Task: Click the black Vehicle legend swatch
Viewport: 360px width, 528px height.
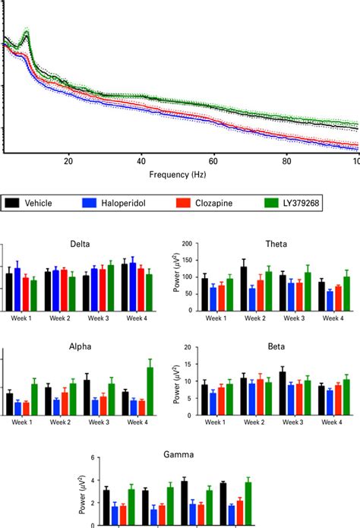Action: [x=13, y=204]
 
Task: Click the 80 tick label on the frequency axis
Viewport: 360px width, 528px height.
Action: [x=287, y=161]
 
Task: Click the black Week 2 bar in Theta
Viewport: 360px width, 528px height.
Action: [x=243, y=289]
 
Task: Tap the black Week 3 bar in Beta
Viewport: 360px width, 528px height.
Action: [x=282, y=394]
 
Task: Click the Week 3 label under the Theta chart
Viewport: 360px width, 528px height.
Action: [x=291, y=319]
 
